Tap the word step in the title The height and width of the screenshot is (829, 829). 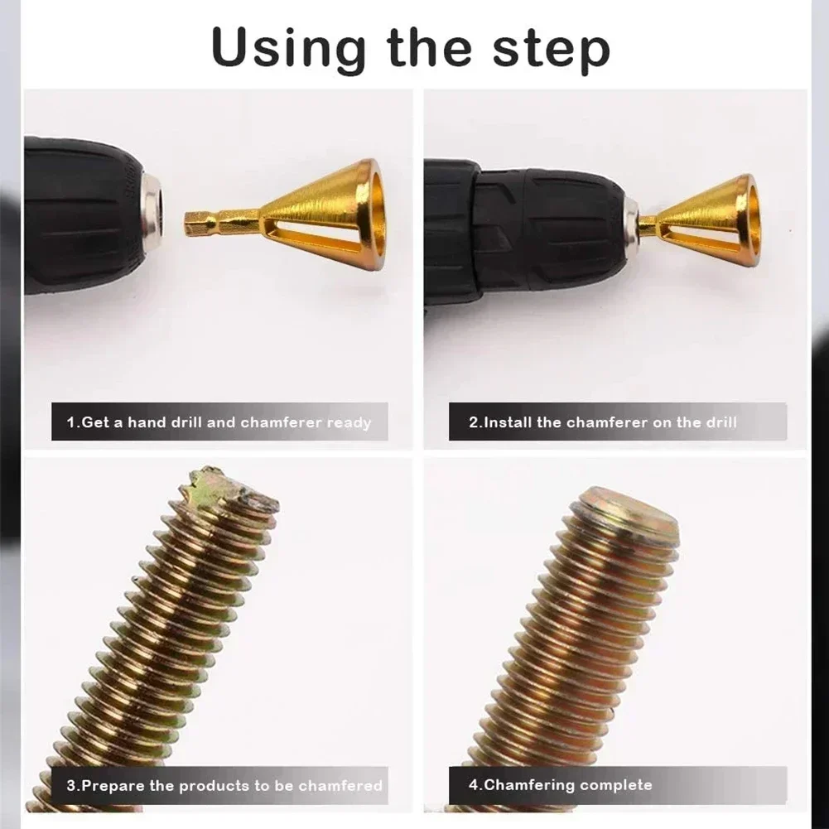552,50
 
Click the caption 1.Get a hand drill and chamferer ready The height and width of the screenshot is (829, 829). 219,422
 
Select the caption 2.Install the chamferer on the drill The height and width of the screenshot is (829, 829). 602,422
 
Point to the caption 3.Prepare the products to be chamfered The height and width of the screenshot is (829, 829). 224,785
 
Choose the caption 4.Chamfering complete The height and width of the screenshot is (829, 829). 560,785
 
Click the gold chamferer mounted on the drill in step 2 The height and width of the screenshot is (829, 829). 708,219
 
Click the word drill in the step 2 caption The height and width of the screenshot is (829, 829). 721,422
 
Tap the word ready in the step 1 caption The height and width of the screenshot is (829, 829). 349,422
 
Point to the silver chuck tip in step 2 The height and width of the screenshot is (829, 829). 631,222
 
